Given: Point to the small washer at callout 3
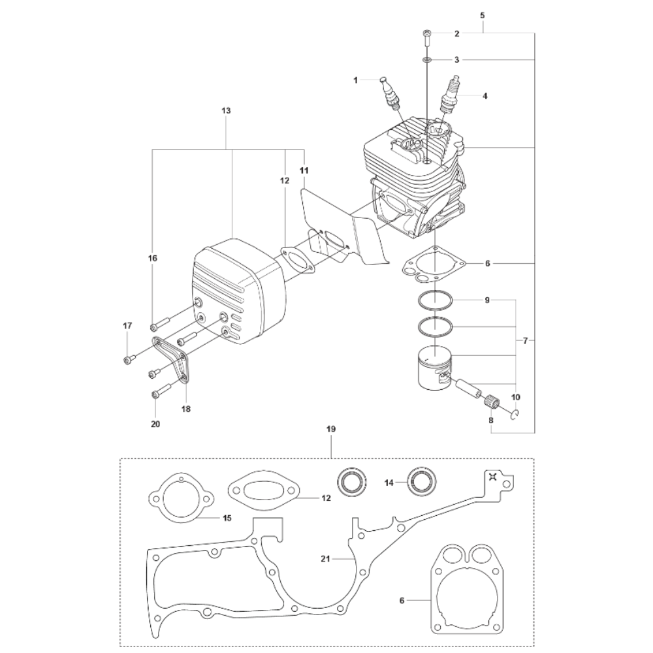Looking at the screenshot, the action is [x=427, y=60].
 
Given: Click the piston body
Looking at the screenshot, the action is [x=434, y=368].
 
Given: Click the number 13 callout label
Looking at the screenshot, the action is [x=226, y=111].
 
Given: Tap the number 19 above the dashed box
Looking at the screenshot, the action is [x=331, y=428].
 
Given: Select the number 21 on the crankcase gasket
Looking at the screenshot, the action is [x=326, y=559].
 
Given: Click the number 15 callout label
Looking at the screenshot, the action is [x=227, y=518].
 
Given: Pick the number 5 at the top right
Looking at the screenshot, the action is [x=483, y=16].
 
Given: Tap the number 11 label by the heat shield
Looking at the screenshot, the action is [x=304, y=170].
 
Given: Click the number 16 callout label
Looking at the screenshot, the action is [x=153, y=258].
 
